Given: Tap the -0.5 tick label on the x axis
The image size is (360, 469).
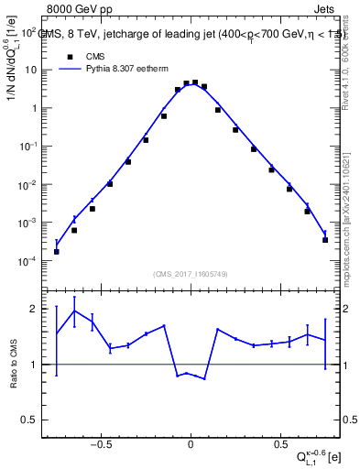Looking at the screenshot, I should click(x=102, y=438).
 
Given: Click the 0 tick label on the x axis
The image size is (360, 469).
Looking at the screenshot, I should click(x=191, y=438).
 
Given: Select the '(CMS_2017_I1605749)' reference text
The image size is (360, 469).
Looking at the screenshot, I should click(x=190, y=273).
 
